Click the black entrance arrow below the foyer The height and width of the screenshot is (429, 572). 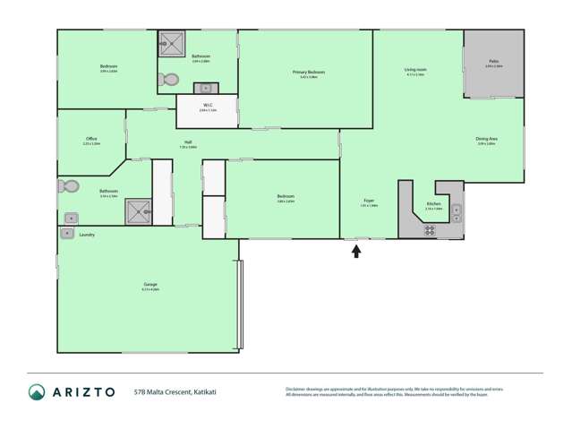pos(356,252)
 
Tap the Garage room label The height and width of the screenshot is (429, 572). pos(149,285)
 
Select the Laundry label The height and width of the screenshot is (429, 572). pos(87,235)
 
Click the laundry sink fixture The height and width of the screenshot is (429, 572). pos(67,234)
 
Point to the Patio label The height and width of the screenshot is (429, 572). pos(492,62)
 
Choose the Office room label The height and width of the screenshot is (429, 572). pos(91,139)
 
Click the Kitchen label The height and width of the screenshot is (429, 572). pos(433,204)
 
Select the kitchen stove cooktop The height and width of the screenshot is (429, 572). pos(430,229)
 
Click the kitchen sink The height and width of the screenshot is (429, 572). pos(456,213)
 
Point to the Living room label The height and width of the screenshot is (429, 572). pos(414,69)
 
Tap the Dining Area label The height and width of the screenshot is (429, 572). pos(487,139)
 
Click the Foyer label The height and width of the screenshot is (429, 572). pos(369,200)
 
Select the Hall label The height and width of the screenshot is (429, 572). pos(188,142)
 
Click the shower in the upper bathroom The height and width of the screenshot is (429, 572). pos(171,44)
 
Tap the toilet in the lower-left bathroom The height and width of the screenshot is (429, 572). pos(68,186)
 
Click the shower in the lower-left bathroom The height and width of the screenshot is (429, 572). pos(138,211)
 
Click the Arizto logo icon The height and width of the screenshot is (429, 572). pos(37,392)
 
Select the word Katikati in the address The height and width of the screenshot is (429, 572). pos(201,391)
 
